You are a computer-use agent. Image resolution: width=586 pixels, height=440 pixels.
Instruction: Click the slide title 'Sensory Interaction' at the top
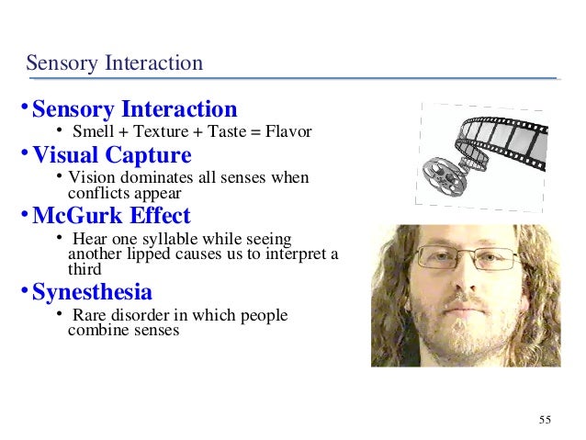114,63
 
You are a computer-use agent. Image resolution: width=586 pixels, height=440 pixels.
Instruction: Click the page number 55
546,420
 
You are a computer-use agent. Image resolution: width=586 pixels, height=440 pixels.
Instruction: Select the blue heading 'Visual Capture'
111,155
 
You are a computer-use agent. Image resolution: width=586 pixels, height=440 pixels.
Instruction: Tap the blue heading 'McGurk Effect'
111,217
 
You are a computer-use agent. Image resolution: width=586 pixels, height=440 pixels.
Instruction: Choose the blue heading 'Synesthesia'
92,293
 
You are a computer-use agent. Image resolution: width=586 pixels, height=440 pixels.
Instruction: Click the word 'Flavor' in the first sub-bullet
288,132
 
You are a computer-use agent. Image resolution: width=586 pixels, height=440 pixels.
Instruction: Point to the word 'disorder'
145,316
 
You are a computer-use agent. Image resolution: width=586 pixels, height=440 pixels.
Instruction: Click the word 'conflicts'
97,194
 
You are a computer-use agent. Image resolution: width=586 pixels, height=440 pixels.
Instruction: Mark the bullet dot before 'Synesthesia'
26,291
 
